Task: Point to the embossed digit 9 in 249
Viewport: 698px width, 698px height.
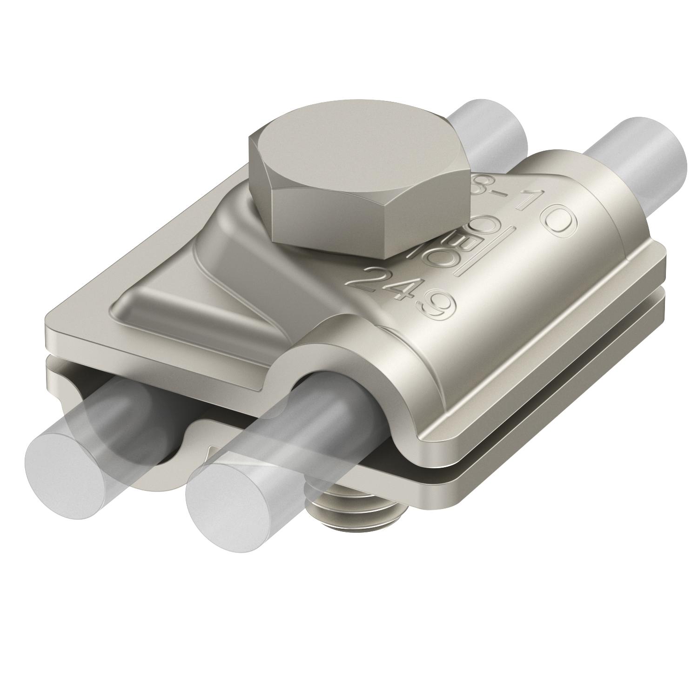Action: pos(438,308)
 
